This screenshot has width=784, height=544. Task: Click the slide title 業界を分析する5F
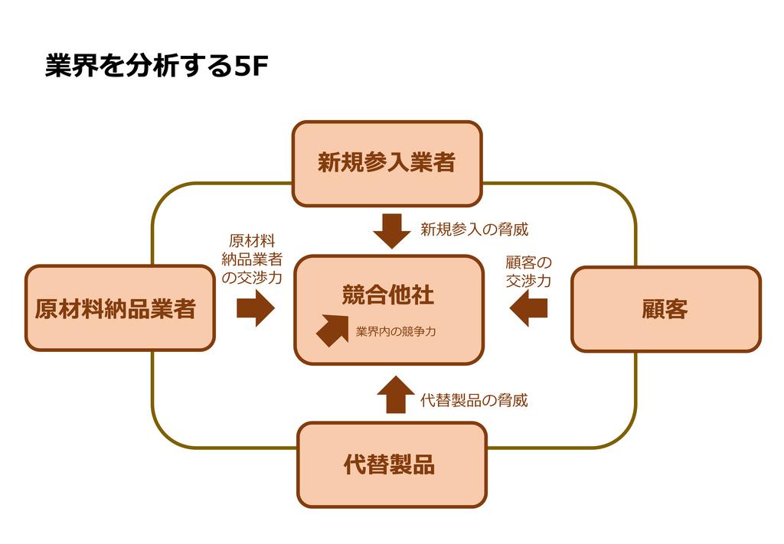coord(156,67)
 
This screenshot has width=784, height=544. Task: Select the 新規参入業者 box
coord(387,163)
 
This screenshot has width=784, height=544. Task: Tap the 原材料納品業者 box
coord(119,308)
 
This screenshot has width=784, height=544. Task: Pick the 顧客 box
coord(665,308)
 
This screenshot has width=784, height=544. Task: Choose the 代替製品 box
coord(391,464)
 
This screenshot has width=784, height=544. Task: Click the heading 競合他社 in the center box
coord(388,295)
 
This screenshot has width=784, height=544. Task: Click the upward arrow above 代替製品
coord(395,395)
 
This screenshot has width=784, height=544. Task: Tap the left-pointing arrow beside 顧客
coord(529,308)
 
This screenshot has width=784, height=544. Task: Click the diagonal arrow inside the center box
coord(332,329)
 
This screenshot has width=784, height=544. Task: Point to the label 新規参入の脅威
coord(474,229)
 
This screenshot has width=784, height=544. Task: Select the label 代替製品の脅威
coord(474,400)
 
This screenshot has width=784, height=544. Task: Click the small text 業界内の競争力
coord(396,332)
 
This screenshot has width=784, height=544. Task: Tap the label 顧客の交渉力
coord(528,272)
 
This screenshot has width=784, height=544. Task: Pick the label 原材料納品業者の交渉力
coord(252,259)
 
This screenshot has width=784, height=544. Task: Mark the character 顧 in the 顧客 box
coord(653,309)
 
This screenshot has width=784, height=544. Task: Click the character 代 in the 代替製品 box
coord(355,464)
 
